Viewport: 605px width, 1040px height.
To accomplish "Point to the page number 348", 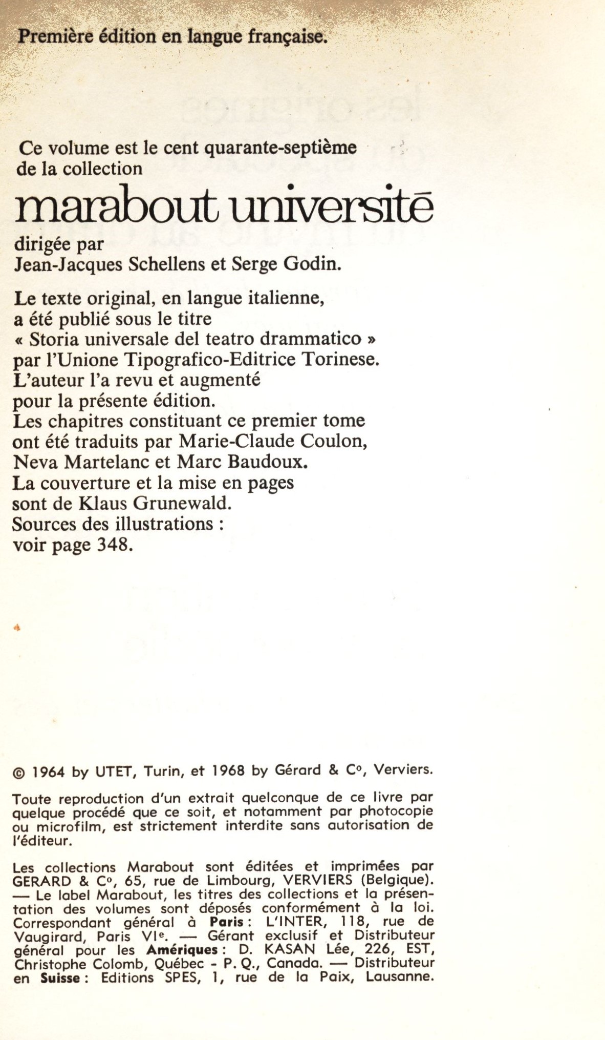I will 115,545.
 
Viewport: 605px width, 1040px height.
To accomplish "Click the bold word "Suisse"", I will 60,979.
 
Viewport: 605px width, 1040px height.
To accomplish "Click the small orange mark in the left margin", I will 17,627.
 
